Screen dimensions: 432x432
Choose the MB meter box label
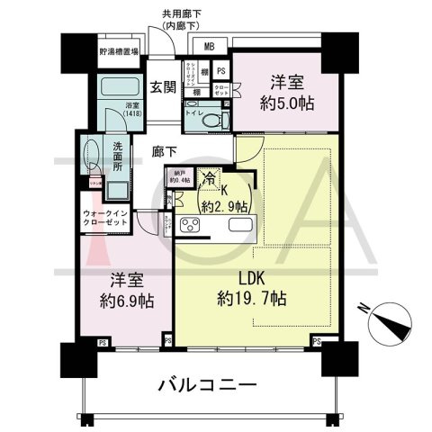pos(209,48)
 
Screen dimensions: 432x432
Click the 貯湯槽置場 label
pos(119,52)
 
